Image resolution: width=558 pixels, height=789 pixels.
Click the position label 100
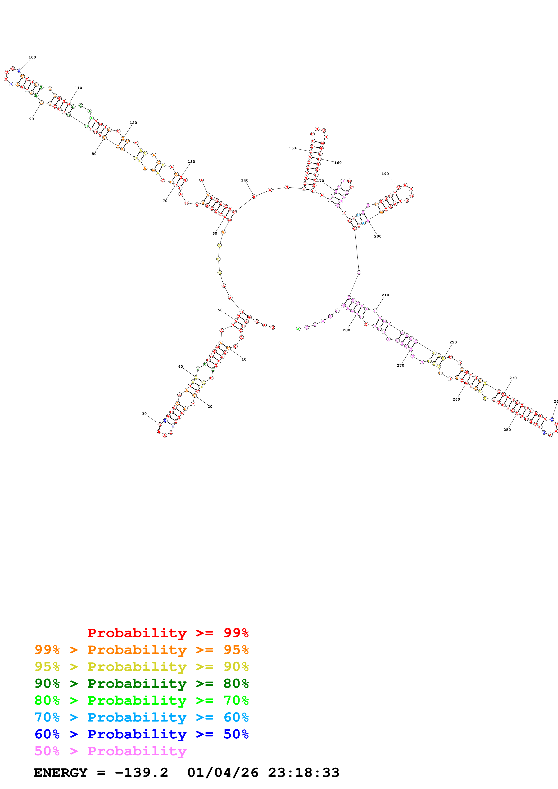click(32, 57)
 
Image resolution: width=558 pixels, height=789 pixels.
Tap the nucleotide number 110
click(78, 88)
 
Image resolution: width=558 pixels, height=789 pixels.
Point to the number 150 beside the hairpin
click(292, 148)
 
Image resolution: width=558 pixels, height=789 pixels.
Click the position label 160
click(338, 163)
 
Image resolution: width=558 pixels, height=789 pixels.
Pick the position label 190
click(385, 174)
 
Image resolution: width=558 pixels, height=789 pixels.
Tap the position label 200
click(377, 236)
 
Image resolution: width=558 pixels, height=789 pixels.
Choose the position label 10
click(244, 359)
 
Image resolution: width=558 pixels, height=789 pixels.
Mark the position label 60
click(215, 234)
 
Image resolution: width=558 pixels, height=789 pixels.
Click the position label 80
click(94, 154)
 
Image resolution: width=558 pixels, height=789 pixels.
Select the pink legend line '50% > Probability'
click(110, 751)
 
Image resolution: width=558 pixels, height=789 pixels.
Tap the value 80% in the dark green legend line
click(236, 684)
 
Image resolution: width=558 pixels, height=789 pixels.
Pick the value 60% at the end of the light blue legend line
click(236, 717)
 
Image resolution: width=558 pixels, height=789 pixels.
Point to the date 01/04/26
click(223, 773)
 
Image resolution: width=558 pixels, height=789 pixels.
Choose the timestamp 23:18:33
click(304, 773)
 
